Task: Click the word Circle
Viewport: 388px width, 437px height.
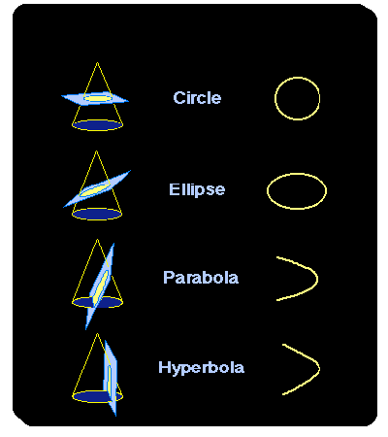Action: (x=197, y=98)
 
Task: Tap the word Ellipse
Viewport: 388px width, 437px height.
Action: (x=197, y=189)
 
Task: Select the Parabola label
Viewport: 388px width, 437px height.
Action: (x=201, y=278)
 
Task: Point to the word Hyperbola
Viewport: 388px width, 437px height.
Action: (x=201, y=368)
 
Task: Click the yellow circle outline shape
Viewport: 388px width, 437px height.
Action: (x=275, y=98)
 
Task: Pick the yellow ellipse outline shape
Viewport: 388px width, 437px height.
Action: (x=268, y=191)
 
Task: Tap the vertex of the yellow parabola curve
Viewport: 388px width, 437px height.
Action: (x=317, y=279)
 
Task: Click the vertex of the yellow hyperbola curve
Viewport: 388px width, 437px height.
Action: (x=319, y=368)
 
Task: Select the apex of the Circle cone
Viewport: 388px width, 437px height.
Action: (x=97, y=62)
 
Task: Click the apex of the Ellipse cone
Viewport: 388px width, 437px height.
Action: (x=96, y=151)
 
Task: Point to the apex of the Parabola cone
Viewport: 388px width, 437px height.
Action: (x=97, y=240)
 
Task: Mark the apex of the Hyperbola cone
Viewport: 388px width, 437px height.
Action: (x=97, y=334)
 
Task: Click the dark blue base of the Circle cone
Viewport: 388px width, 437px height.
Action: (x=97, y=125)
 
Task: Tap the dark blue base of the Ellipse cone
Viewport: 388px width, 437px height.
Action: (x=97, y=214)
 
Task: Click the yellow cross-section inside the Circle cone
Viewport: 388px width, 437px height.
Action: (x=97, y=98)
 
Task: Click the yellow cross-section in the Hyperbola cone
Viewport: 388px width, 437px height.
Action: (x=110, y=381)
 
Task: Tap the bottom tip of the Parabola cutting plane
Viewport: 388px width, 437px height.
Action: (x=86, y=330)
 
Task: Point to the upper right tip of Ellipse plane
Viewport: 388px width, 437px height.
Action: (x=131, y=170)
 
